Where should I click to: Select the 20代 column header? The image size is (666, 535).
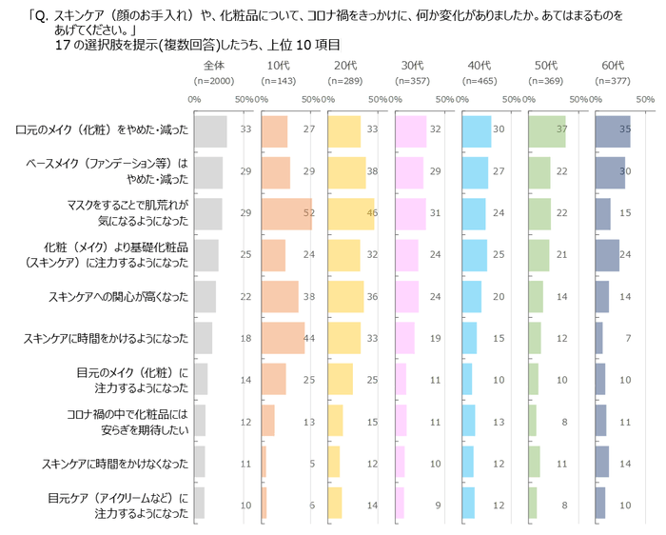[345, 65]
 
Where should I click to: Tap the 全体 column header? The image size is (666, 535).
[213, 65]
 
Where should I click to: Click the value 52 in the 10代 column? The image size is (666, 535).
[308, 214]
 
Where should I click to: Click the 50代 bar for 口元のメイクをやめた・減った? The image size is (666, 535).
[546, 131]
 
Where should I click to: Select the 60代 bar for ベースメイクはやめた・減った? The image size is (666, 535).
[610, 172]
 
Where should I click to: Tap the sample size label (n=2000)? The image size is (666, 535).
[213, 80]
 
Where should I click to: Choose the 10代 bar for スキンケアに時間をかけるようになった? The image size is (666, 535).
[283, 338]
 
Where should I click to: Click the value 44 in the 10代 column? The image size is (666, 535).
[308, 338]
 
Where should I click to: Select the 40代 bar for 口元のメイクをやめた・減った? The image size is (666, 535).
[476, 131]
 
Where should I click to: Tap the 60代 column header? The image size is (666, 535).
[612, 65]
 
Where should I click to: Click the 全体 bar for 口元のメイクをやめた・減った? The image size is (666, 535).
[210, 131]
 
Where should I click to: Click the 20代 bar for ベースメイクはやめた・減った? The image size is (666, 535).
[346, 172]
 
